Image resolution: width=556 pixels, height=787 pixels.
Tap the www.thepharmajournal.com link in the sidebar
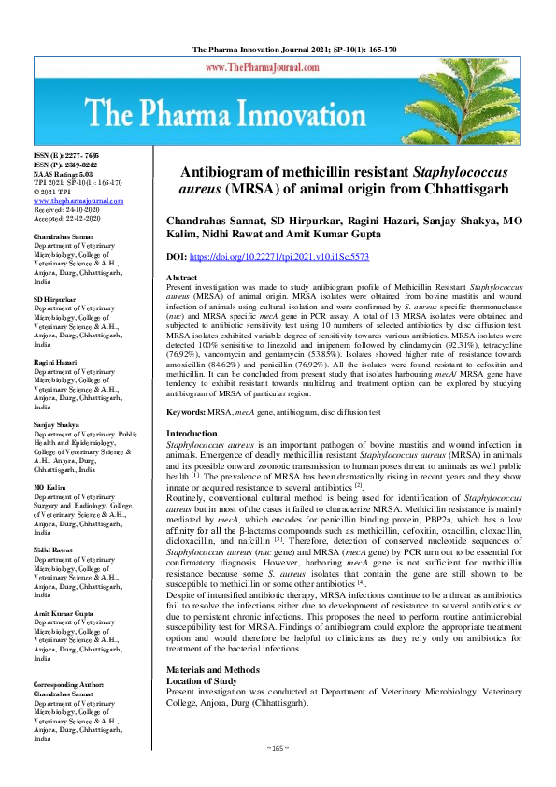pos(79,200)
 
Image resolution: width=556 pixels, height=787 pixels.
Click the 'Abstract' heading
pos(181,279)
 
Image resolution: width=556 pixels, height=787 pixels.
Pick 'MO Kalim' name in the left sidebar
pos(50,488)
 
